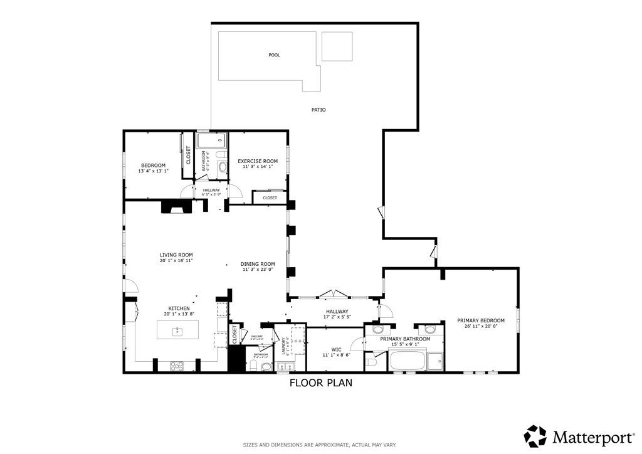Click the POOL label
274,55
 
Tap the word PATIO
318,110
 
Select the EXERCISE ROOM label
257,161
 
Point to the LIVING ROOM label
176,255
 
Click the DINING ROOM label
258,264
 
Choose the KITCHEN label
179,309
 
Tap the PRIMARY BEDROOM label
480,320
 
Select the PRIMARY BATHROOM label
405,339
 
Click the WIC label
336,349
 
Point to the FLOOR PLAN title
320,383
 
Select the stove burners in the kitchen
176,365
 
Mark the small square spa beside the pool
337,46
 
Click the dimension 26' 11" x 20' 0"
480,326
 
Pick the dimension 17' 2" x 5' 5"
337,317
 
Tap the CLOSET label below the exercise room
270,198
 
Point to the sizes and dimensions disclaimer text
320,445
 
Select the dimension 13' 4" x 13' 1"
153,171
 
